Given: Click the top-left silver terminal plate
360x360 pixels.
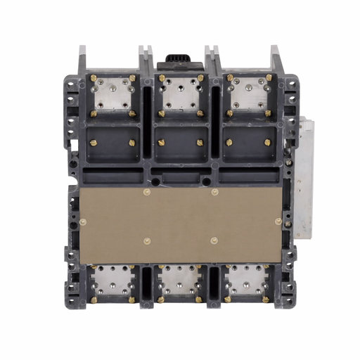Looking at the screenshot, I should click(x=112, y=94).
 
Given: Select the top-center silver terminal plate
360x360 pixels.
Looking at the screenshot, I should click(x=181, y=94).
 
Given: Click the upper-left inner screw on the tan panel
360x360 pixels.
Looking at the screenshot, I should click(x=146, y=191).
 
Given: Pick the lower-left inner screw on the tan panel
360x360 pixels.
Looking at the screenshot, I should click(x=146, y=241).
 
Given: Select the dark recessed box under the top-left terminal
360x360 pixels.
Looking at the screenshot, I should click(x=112, y=142).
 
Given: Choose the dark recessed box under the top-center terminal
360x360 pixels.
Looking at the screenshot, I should click(x=181, y=142).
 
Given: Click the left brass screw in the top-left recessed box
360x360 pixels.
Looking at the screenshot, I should click(x=93, y=142).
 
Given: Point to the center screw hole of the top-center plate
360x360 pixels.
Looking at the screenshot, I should click(x=181, y=95).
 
